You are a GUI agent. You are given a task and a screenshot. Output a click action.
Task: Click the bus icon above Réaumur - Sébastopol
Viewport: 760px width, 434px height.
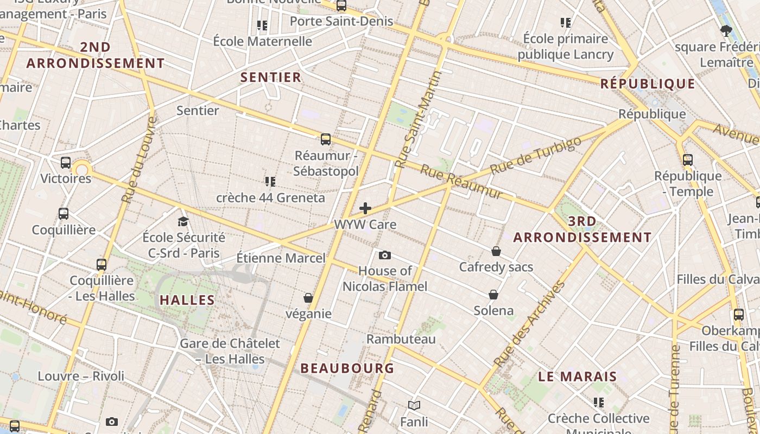tap(326, 139)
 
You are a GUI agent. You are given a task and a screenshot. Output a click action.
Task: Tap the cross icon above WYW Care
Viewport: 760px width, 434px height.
tap(365, 208)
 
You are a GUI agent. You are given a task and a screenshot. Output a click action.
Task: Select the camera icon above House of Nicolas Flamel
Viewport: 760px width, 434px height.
tap(385, 255)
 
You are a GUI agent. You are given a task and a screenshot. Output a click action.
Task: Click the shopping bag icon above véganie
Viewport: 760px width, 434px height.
tap(308, 298)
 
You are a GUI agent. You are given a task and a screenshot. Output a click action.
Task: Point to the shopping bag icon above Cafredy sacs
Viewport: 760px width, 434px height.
tap(496, 251)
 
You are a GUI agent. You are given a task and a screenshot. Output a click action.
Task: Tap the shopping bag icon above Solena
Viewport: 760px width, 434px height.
tap(493, 295)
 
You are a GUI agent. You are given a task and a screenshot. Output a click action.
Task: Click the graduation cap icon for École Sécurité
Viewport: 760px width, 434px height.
tap(183, 221)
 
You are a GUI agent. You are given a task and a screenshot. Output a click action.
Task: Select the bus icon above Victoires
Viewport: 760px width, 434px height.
tap(66, 162)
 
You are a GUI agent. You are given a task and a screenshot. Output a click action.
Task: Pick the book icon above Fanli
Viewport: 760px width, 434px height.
tap(414, 405)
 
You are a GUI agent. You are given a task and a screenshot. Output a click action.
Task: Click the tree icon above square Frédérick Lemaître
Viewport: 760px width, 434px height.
tap(726, 30)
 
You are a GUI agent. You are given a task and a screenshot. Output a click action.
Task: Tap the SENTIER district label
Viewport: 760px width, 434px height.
tap(271, 77)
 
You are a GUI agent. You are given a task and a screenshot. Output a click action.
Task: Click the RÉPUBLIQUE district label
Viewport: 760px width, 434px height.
tap(648, 84)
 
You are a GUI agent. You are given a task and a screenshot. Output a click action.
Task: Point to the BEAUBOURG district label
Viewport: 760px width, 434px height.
tap(347, 368)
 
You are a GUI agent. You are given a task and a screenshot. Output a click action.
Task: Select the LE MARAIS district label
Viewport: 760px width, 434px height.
tap(578, 376)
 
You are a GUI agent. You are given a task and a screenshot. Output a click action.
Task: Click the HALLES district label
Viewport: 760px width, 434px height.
tap(187, 300)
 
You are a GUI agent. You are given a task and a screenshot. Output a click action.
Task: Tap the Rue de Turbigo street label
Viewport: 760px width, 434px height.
tap(535, 155)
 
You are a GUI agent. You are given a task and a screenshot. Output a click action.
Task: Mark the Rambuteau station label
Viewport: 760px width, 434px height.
tap(401, 339)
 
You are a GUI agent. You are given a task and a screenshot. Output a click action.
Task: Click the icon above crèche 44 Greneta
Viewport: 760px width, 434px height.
tap(270, 181)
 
